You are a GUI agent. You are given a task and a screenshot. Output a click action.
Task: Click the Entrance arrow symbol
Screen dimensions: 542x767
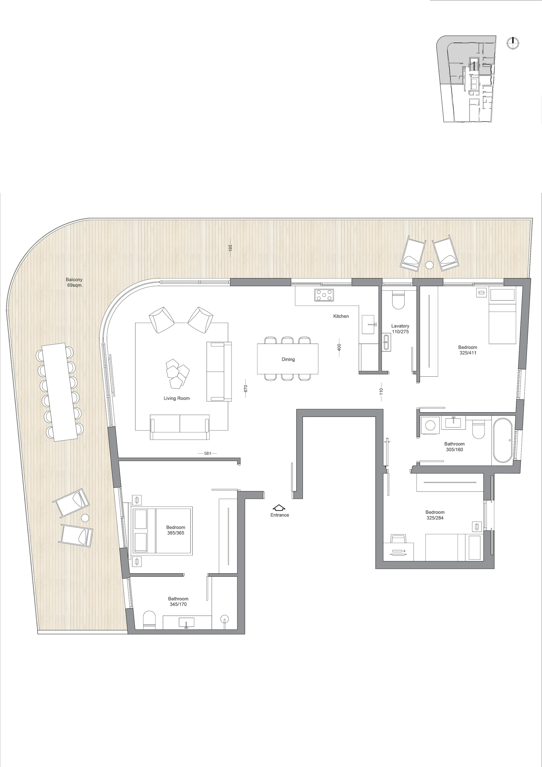click(x=279, y=508)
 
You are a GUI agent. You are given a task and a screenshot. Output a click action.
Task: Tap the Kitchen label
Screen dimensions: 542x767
click(x=341, y=316)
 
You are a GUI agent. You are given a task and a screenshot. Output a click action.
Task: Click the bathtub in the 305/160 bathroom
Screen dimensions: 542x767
click(x=502, y=440)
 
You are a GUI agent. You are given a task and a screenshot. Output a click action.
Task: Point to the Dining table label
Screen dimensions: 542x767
click(x=288, y=359)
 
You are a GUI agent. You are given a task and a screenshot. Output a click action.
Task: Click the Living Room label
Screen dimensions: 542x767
click(x=177, y=398)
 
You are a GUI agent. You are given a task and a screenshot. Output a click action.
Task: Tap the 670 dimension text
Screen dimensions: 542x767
click(x=246, y=389)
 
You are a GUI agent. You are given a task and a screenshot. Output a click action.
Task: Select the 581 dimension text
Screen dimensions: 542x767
click(x=208, y=453)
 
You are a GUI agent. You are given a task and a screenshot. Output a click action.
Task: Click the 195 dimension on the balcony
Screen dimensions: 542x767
click(x=230, y=248)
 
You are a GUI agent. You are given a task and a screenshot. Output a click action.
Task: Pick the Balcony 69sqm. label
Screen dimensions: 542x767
click(x=74, y=282)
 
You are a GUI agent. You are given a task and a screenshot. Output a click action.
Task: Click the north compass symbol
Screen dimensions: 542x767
click(x=513, y=43)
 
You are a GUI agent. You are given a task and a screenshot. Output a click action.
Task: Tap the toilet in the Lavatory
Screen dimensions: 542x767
click(x=398, y=300)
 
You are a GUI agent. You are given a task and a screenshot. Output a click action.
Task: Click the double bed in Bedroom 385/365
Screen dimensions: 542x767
click(x=162, y=531)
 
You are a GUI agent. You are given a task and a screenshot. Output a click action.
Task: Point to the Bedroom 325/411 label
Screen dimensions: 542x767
click(x=467, y=350)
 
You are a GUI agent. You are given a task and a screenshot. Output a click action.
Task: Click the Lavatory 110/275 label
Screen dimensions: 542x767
click(x=400, y=329)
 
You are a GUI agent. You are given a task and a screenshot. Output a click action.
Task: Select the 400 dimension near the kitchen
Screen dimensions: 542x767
click(x=339, y=347)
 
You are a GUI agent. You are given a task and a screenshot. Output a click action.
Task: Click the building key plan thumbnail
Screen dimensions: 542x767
click(x=466, y=79)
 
